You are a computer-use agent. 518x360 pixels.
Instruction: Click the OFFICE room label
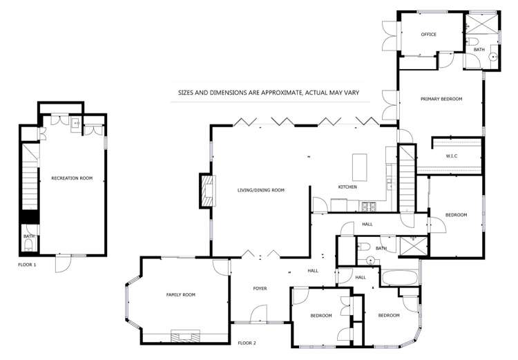[428, 34]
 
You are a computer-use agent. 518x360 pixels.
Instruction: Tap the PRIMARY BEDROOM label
[441, 99]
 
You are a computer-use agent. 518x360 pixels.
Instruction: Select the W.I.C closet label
[452, 155]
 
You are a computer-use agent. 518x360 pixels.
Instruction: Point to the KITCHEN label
[347, 187]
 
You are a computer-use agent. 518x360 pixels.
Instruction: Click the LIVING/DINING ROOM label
[261, 190]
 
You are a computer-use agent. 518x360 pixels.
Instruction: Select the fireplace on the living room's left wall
[207, 191]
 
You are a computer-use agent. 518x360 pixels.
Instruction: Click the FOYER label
[260, 288]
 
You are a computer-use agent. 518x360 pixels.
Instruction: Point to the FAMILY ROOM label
[181, 294]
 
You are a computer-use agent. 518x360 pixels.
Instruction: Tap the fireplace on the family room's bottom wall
[186, 337]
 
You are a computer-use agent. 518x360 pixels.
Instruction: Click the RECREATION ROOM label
[72, 178]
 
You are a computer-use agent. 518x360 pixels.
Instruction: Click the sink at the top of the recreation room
[75, 124]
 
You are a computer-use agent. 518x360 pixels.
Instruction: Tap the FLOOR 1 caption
[27, 264]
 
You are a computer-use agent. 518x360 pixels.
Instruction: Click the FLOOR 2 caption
[247, 343]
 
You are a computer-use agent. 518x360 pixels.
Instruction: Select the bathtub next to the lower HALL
[399, 278]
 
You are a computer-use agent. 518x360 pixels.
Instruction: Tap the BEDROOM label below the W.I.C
[456, 215]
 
